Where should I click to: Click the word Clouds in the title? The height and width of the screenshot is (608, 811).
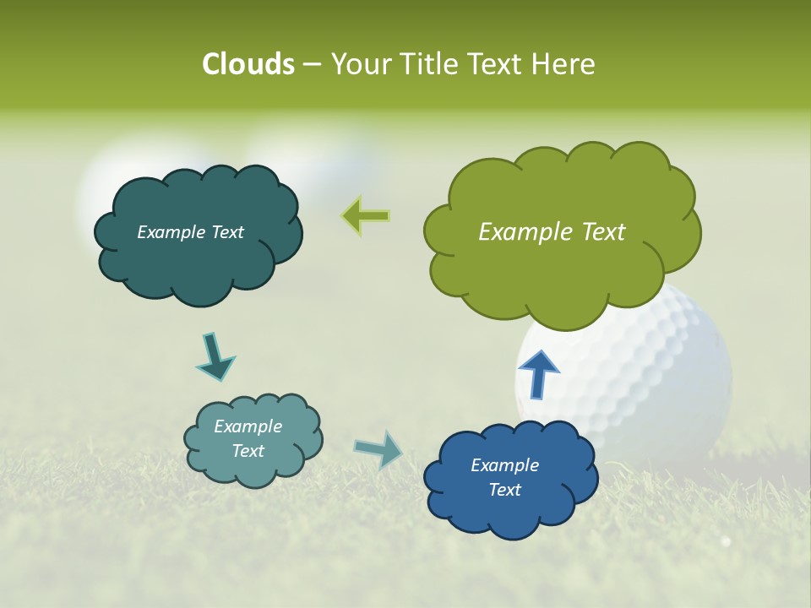[248, 64]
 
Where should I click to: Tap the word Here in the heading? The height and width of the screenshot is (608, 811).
[566, 64]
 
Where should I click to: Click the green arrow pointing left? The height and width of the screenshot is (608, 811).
[366, 216]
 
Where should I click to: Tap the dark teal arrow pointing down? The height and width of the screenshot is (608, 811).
[215, 357]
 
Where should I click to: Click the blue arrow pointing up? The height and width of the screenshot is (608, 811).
[538, 373]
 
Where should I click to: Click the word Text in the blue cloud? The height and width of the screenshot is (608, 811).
[504, 490]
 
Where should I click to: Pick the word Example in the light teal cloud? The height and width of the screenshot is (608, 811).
[248, 426]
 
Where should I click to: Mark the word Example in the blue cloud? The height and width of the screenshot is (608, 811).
[504, 465]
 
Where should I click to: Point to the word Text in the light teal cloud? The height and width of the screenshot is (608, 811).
[248, 451]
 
